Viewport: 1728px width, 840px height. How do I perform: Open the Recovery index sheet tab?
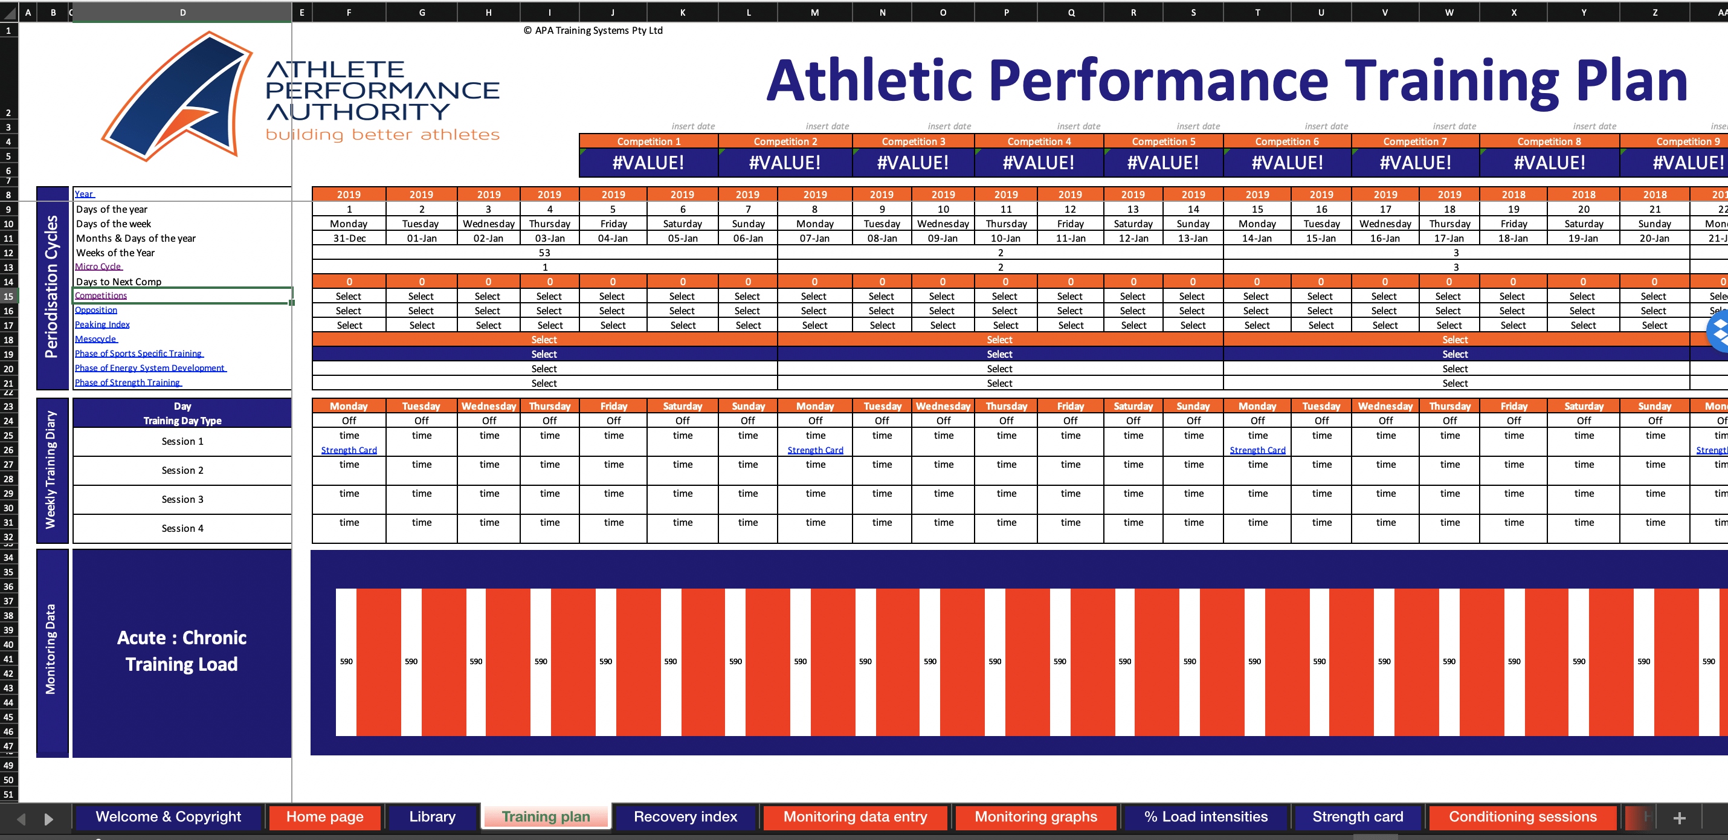(x=685, y=816)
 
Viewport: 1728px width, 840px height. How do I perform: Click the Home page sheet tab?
(x=324, y=816)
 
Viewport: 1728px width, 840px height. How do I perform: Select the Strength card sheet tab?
(x=1357, y=816)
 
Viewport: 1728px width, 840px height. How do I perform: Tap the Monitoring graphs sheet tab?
(x=1036, y=816)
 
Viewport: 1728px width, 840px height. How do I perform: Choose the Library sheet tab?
(x=432, y=816)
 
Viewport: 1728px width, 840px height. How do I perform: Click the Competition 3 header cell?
(x=913, y=141)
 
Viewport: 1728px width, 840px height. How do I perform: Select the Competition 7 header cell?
(x=1415, y=141)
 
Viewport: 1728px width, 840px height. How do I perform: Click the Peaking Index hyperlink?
(x=102, y=325)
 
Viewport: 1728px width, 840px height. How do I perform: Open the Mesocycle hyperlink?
(x=95, y=340)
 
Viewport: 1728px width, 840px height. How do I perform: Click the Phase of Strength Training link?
(x=127, y=383)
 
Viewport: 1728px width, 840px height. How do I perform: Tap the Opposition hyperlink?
(x=96, y=310)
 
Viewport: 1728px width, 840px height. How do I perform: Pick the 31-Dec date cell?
(x=349, y=238)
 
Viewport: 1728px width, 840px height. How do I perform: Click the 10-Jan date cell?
(x=1005, y=238)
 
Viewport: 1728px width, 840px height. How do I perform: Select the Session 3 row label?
(x=182, y=499)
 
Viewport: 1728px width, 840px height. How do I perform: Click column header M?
(x=814, y=12)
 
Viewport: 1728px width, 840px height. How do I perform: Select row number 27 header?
(x=8, y=464)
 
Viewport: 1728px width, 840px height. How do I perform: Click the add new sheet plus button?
(x=1679, y=817)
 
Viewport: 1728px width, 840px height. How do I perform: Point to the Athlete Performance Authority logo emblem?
(x=178, y=96)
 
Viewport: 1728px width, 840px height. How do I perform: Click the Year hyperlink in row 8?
(x=84, y=194)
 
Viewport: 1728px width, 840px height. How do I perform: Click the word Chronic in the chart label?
(x=214, y=638)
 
